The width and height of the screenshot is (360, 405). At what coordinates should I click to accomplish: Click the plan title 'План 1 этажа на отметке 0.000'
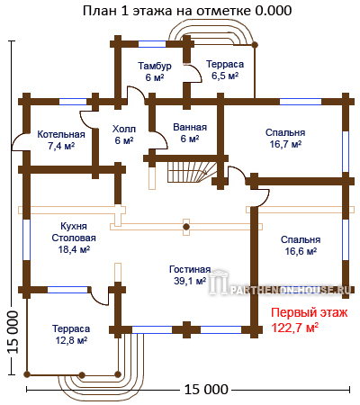click(187, 11)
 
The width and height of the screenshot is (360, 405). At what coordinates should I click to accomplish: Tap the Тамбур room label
click(155, 66)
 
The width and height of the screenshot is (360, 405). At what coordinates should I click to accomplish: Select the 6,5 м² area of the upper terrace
click(225, 76)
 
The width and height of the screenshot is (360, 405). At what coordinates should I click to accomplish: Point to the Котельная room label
click(61, 134)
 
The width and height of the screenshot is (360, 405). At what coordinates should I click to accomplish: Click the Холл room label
click(124, 129)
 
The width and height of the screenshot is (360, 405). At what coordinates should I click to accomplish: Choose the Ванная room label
click(190, 127)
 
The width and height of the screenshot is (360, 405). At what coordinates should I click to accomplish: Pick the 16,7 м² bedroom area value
click(285, 144)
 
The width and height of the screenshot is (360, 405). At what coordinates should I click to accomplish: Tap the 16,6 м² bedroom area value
click(301, 251)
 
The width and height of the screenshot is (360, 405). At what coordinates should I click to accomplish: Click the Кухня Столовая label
click(74, 232)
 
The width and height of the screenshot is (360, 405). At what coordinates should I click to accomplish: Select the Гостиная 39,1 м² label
click(190, 275)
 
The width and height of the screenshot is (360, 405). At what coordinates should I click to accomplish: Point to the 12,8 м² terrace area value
click(71, 340)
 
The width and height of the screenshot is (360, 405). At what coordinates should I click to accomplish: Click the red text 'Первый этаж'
click(310, 313)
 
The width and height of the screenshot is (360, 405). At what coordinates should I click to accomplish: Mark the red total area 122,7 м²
click(295, 328)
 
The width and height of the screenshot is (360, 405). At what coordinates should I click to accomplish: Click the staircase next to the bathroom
click(192, 172)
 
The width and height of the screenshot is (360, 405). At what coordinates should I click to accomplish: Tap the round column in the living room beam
click(186, 227)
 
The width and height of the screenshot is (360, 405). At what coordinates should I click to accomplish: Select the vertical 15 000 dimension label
click(13, 331)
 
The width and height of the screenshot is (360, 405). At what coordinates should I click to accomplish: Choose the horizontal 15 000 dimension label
click(206, 390)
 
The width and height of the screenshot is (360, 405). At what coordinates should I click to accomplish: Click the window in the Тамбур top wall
click(152, 44)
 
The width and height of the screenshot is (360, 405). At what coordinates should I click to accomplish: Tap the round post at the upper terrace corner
click(255, 45)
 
